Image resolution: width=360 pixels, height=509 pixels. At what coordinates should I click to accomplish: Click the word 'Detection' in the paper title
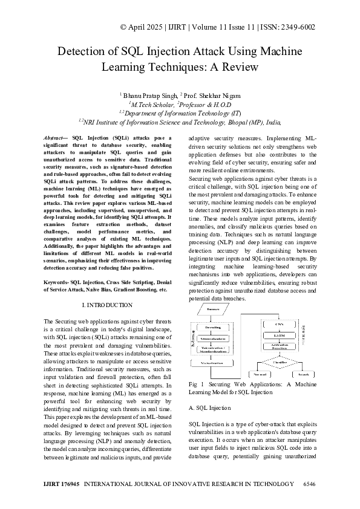[x=82, y=51]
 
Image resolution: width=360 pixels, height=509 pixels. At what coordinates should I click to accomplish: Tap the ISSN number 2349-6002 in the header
[x=295, y=27]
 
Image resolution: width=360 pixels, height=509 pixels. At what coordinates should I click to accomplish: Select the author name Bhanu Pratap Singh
[x=150, y=96]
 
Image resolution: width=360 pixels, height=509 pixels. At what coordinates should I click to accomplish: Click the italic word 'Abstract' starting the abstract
[x=57, y=138]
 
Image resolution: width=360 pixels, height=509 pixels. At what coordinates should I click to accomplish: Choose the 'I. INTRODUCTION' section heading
[x=106, y=305]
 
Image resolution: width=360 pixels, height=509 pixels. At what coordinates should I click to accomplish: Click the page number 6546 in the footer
[x=309, y=485]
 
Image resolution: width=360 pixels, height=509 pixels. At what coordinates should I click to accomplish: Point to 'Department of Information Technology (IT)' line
[x=180, y=112]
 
